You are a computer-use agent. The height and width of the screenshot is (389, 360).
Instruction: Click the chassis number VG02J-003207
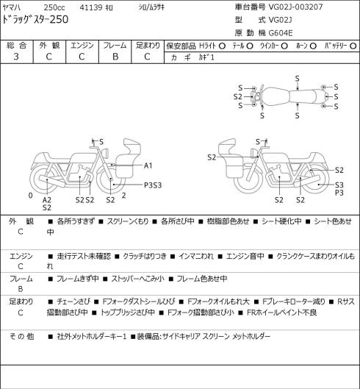[x=296, y=7]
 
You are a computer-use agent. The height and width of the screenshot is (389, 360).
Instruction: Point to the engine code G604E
[x=281, y=33]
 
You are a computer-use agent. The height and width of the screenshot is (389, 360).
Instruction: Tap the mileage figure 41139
[x=91, y=7]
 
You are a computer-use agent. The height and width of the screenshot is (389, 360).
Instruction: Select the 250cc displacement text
[x=54, y=7]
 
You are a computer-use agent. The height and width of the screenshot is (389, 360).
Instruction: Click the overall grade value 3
[x=16, y=57]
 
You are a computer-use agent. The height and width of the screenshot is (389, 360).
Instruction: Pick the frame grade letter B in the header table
[x=115, y=57]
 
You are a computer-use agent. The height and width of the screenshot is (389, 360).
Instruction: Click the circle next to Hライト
[x=222, y=46]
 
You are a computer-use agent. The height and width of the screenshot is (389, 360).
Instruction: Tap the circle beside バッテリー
[x=353, y=46]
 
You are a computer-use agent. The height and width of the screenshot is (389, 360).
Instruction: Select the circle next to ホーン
[x=313, y=46]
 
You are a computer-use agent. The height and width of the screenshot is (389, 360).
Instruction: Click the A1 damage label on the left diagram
[x=148, y=165]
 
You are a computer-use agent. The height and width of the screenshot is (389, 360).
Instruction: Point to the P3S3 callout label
[x=153, y=185]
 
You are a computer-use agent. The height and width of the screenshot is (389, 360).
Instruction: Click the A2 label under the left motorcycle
[x=46, y=200]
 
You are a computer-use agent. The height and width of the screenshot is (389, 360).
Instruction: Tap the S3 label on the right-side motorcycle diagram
[x=339, y=185]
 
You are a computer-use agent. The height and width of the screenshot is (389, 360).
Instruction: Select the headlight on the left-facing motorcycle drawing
[x=106, y=152]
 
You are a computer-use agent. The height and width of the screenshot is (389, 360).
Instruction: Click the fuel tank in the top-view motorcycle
[x=276, y=96]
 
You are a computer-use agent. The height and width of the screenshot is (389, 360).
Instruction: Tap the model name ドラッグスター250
[x=35, y=20]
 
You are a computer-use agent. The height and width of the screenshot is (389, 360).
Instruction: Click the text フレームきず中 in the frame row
[x=78, y=279]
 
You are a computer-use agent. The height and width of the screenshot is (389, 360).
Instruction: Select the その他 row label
[x=21, y=336]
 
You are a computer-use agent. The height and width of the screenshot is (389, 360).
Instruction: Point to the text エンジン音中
[x=245, y=256]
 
